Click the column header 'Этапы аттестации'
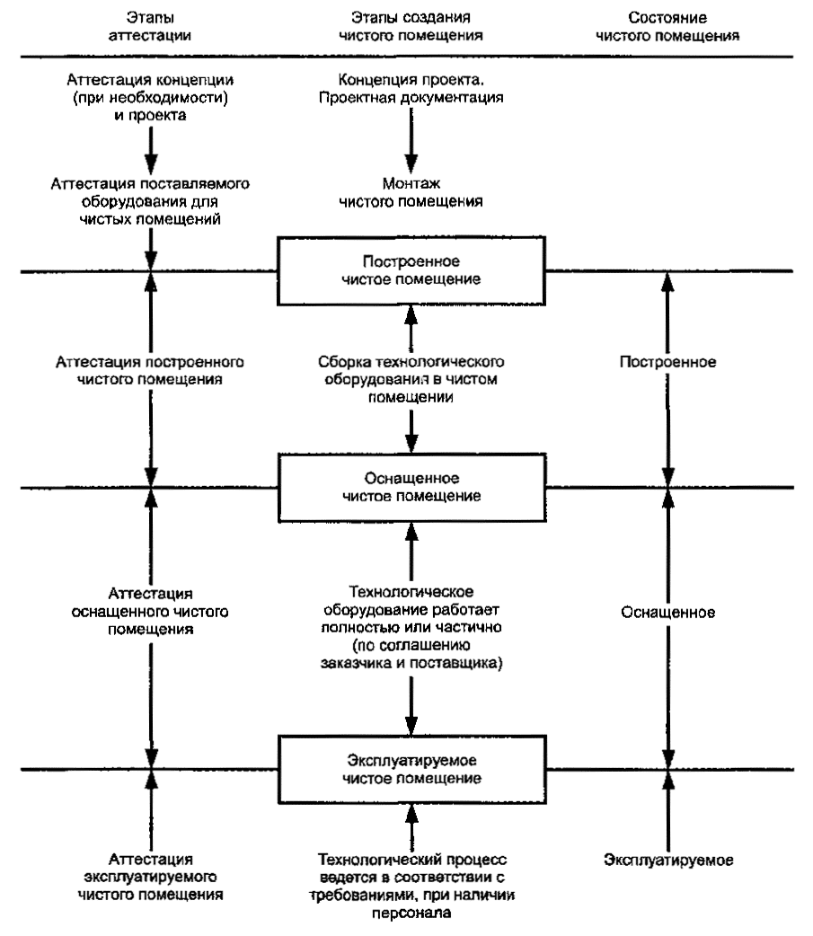pyautogui.click(x=150, y=27)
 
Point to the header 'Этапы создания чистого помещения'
pyautogui.click(x=411, y=27)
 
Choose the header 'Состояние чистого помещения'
pyautogui.click(x=667, y=27)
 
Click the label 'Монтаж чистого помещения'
pyautogui.click(x=411, y=192)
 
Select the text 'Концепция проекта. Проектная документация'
pyautogui.click(x=411, y=88)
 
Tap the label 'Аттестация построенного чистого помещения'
pyautogui.click(x=150, y=371)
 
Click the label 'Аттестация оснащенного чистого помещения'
pyautogui.click(x=150, y=611)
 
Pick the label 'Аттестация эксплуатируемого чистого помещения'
pyautogui.click(x=150, y=877)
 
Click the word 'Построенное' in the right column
pyautogui.click(x=668, y=362)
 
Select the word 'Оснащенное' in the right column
pyautogui.click(x=668, y=613)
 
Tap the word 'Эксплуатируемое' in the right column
pyautogui.click(x=668, y=861)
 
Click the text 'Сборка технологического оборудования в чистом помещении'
pyautogui.click(x=411, y=379)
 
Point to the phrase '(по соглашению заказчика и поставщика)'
pyautogui.click(x=411, y=654)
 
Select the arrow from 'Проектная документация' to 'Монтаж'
pyautogui.click(x=411, y=141)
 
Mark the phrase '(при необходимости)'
pyautogui.click(x=150, y=97)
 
